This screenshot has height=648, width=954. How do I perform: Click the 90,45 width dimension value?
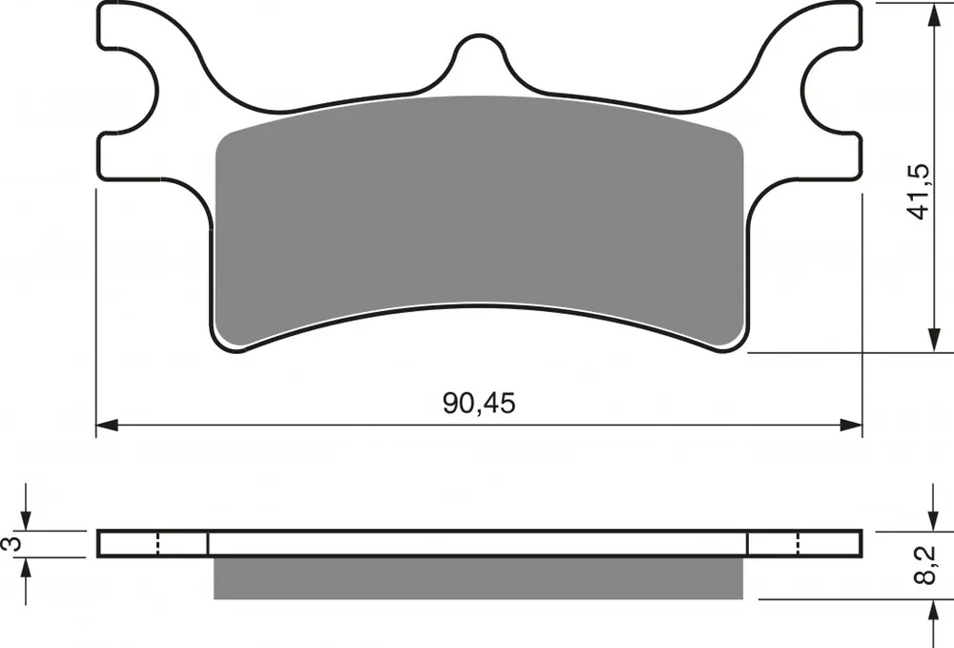tap(480, 403)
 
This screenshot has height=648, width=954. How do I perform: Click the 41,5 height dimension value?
tap(918, 192)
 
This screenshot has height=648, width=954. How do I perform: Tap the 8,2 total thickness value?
tap(924, 565)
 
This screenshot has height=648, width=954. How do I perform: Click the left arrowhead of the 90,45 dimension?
tap(107, 425)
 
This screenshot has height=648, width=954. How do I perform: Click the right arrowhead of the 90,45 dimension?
tap(851, 425)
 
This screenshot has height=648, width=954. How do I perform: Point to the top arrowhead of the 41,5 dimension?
tap(933, 14)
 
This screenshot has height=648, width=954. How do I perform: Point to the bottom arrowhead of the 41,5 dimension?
tap(933, 340)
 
